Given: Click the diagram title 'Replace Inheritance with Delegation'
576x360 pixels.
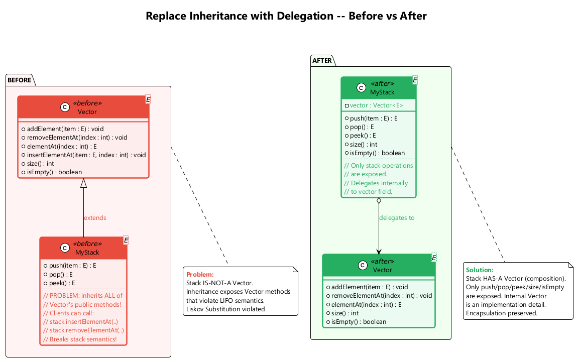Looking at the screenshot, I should (286, 16).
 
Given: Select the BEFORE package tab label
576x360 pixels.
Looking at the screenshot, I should (20, 80).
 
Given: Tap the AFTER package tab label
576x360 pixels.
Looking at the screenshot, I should (322, 61).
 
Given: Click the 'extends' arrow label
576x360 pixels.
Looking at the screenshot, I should (95, 218).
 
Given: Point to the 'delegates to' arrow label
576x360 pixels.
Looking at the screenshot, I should (397, 218).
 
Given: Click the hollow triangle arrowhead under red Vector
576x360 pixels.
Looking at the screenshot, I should (84, 183).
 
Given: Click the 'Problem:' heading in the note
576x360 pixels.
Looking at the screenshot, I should (200, 275).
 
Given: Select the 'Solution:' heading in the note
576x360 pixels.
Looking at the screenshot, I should (480, 270).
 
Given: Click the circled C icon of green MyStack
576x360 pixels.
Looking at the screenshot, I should (361, 88).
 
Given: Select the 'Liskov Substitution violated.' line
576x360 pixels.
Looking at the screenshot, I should (226, 309).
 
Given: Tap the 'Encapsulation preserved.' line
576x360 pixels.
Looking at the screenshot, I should (502, 313).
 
